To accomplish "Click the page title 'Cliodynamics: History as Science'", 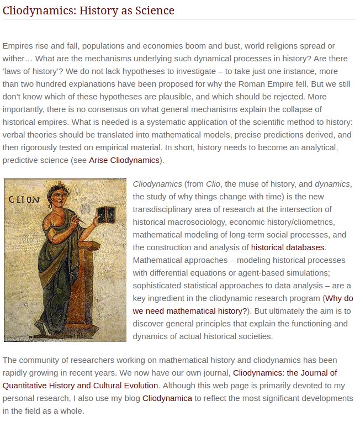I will (88, 10).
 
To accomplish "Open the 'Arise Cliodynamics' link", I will (124, 160).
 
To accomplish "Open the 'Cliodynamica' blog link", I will (167, 398).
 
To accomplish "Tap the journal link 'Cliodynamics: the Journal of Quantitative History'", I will (284, 372).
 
